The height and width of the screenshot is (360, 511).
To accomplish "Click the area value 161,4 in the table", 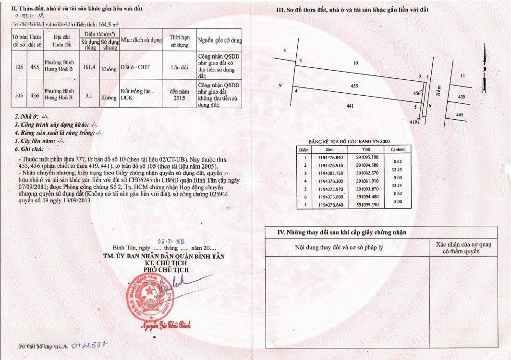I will pos(90,68).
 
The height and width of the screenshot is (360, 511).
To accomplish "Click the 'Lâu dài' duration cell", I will pos(179,68).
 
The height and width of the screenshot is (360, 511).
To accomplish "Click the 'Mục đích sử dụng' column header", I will pos(141,40).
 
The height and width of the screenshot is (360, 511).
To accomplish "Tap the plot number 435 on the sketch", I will pos(462,97).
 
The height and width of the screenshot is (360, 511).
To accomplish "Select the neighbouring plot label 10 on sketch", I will pos(355,63).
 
